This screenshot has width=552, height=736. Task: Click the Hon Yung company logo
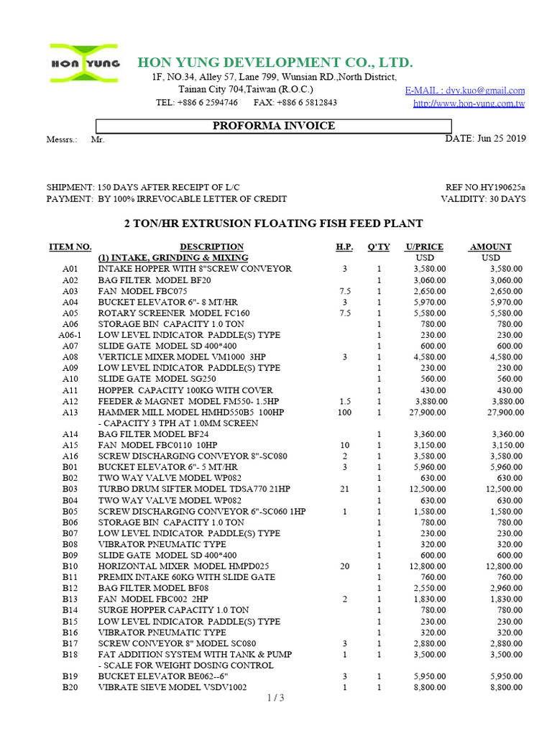tap(85, 63)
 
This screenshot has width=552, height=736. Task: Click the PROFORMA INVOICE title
tap(274, 126)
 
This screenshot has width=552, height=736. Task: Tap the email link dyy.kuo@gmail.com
tap(464, 91)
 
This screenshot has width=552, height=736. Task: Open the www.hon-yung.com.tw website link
tap(469, 103)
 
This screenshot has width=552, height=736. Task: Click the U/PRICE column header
tap(424, 247)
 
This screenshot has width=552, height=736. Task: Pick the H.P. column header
tap(344, 247)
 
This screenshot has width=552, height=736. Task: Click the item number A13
tap(70, 413)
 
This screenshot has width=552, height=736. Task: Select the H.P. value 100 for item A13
tap(344, 413)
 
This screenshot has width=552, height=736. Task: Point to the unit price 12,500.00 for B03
tap(428, 489)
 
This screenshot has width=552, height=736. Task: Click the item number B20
tap(70, 687)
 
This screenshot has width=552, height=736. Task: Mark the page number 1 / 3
tap(276, 697)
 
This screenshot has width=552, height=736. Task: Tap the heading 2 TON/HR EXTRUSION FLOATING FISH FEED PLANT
tap(275, 224)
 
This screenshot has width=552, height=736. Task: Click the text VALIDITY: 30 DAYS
tap(483, 198)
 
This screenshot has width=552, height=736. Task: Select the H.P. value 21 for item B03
tap(344, 489)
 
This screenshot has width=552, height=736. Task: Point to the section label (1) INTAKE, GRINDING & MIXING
tap(173, 257)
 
